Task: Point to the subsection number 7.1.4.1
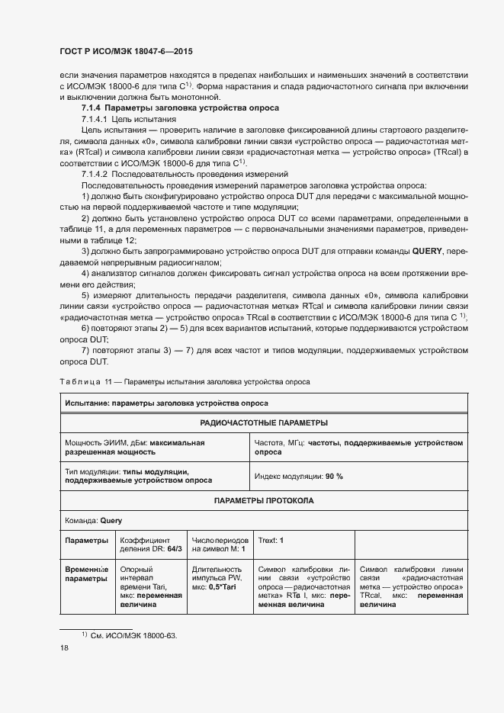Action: [95, 120]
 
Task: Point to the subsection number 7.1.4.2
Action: [95, 175]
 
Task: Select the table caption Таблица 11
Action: [84, 381]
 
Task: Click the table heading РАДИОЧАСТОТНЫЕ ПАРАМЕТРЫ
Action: [264, 422]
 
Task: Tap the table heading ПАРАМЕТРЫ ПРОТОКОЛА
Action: [264, 500]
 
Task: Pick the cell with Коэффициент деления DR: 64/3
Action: [150, 544]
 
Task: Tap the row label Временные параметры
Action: [86, 573]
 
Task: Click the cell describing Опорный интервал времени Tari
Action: [150, 586]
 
